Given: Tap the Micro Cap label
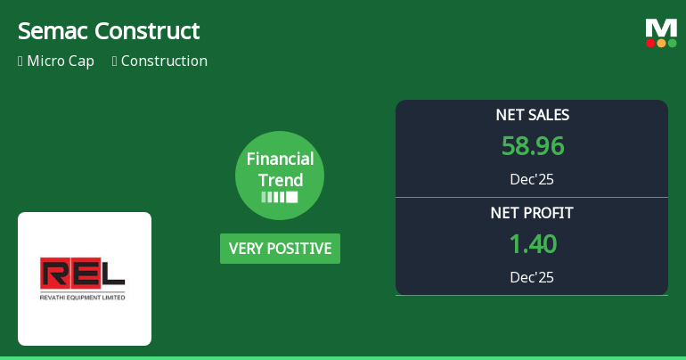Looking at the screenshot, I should click(61, 61).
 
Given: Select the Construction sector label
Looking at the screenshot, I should click(164, 61).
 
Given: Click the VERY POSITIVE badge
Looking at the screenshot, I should click(280, 249).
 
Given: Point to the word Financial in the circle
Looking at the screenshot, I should click(280, 160).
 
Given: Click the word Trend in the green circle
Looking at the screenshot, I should click(280, 179).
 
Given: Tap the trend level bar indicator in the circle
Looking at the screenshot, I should click(280, 197).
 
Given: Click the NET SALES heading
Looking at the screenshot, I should click(532, 115).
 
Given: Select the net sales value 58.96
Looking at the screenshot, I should click(532, 146).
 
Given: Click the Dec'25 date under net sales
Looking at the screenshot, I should click(532, 179).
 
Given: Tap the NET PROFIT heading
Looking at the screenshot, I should click(532, 213).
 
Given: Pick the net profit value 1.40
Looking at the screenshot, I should click(532, 243).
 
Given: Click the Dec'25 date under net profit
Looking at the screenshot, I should click(532, 277).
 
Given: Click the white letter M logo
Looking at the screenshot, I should click(661, 28).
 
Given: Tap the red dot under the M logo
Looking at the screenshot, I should click(650, 43).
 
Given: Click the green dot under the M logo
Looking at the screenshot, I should click(672, 43).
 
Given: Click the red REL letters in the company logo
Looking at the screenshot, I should click(83, 274).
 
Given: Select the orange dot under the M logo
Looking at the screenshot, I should click(661, 43).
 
